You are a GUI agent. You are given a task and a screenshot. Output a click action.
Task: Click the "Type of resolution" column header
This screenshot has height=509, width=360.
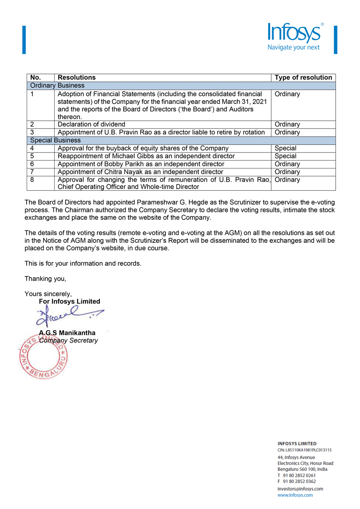click(303, 78)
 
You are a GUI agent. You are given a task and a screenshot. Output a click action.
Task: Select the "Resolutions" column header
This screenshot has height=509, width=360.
click(77, 78)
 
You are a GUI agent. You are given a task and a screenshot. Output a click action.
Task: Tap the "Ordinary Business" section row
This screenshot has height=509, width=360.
click(57, 85)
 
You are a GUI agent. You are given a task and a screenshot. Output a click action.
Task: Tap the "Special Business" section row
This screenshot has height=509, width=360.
click(55, 140)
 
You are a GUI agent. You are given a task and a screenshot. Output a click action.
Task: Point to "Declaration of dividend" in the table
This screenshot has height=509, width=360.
click(92, 124)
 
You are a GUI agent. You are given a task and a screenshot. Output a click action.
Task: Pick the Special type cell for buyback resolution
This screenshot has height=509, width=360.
click(285, 148)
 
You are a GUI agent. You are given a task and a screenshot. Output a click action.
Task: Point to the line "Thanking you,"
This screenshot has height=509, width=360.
click(45, 279)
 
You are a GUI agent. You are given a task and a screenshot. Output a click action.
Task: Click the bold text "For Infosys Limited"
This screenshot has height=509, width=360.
click(69, 302)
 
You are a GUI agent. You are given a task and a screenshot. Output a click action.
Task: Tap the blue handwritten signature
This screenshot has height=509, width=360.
click(68, 317)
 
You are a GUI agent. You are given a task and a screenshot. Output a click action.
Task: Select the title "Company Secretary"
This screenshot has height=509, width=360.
click(69, 341)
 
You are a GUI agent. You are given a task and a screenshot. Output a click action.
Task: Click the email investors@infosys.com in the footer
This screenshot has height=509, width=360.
click(300, 489)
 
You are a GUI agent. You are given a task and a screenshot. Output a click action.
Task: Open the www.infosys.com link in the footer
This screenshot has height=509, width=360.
click(295, 495)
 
